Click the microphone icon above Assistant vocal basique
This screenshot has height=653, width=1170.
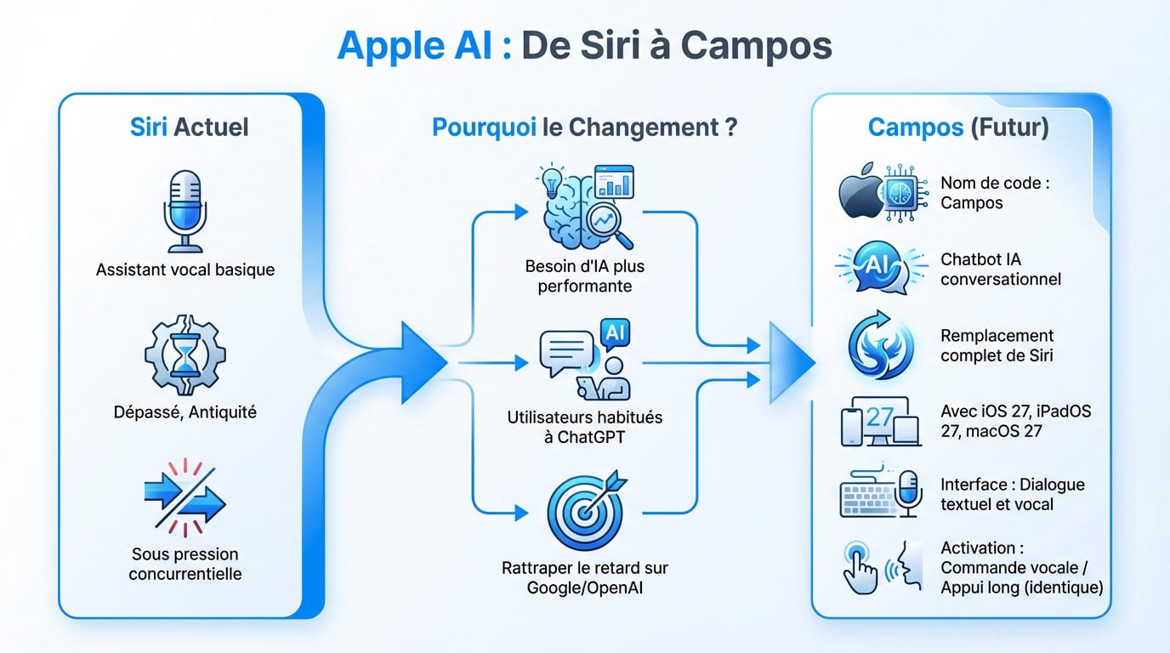pos(185,210)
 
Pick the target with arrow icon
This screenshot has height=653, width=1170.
pos(584,512)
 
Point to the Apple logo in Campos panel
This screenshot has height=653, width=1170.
pos(861,194)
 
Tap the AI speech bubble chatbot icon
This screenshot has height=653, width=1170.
pos(881,268)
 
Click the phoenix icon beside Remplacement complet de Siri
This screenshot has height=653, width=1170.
pos(881,345)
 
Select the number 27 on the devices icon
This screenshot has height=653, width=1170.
pos(880,417)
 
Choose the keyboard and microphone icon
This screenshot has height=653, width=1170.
pos(881,494)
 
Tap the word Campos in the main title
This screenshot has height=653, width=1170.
pos(756,46)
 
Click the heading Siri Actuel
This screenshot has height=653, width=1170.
pos(189,128)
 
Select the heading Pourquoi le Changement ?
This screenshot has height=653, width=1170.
pos(584,128)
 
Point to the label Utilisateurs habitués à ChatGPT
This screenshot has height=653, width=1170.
pos(584,428)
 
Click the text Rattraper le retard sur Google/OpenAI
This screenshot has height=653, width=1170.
pos(584,577)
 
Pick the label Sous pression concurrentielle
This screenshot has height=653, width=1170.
pos(185,564)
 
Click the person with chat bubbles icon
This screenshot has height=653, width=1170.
pos(584,361)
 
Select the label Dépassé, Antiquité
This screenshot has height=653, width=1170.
pos(185,412)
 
